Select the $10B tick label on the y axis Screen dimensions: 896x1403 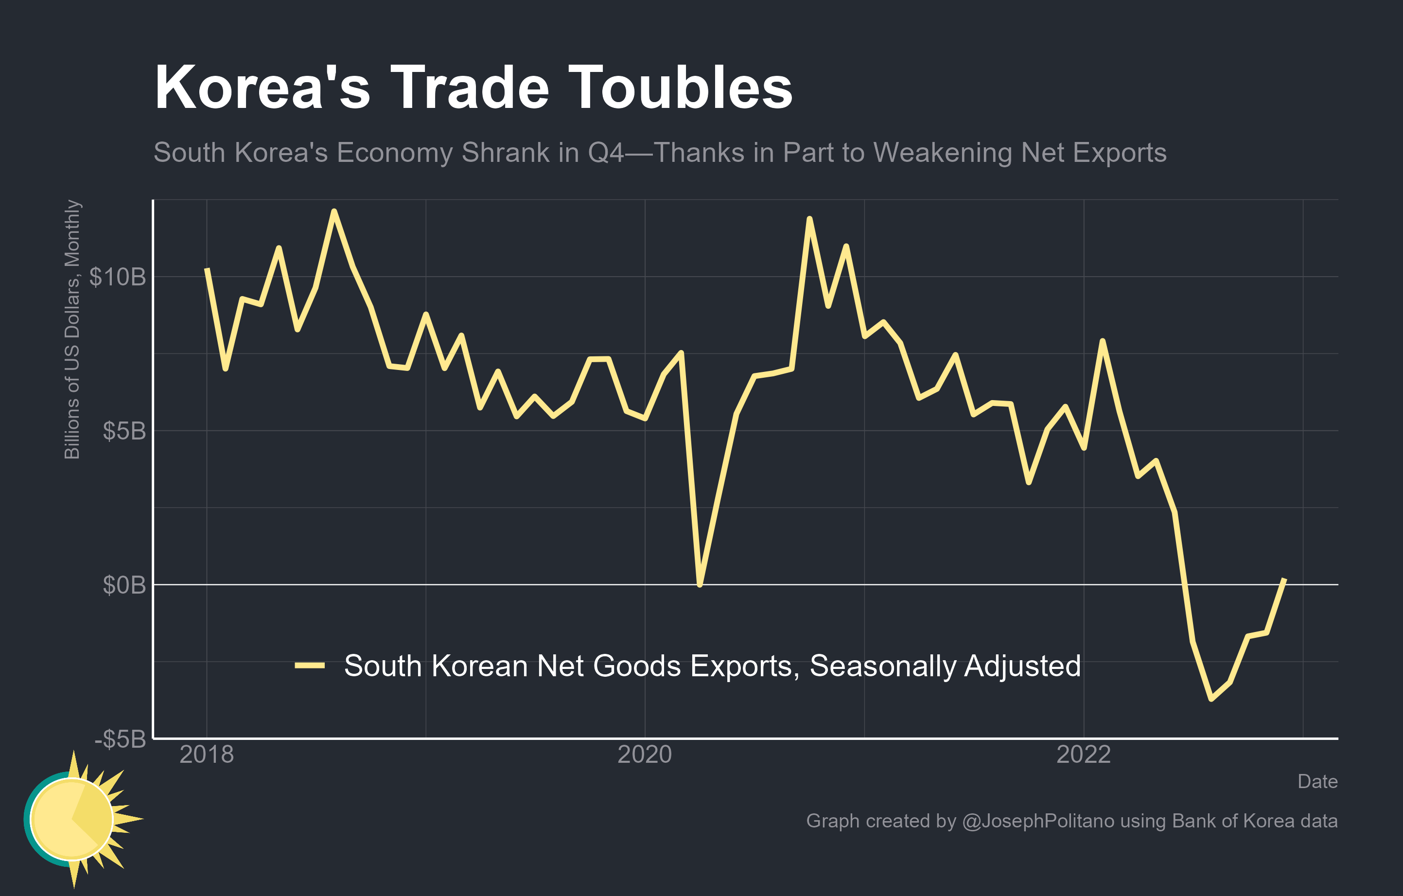pos(117,277)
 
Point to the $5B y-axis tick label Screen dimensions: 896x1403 pos(124,431)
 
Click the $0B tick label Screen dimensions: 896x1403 pos(124,585)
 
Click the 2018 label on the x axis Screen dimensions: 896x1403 pos(206,755)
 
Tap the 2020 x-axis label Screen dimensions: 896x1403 pos(645,755)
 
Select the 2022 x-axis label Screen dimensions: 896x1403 pos(1083,755)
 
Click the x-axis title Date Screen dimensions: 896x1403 pos(1317,781)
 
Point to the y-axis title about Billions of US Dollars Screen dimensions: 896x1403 pos(72,329)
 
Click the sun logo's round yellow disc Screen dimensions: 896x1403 pos(71,819)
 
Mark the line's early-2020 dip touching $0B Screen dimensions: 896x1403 pos(700,584)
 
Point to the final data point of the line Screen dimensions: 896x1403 pos(1285,579)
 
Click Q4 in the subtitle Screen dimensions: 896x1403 pos(605,153)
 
